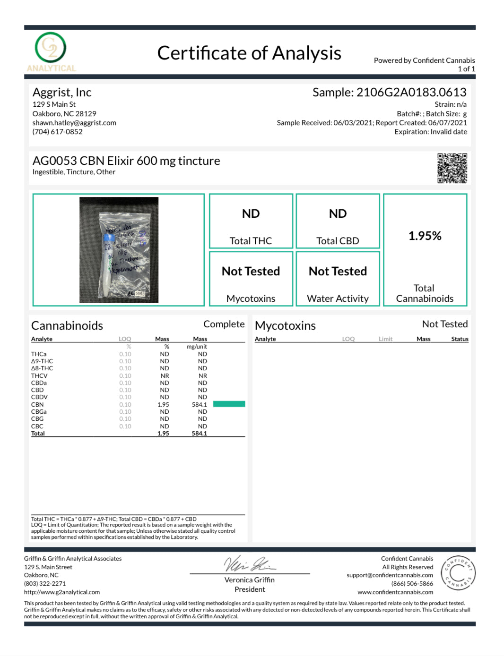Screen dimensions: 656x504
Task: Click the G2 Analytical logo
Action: [51, 51]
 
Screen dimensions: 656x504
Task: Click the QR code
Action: [452, 168]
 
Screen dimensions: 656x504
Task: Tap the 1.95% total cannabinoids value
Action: [425, 236]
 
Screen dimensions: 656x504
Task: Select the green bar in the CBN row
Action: [229, 404]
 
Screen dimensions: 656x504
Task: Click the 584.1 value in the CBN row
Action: [199, 405]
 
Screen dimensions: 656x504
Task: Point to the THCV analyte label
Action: [39, 376]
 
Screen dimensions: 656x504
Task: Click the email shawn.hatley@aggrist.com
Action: [74, 123]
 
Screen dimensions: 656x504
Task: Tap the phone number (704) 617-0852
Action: [57, 132]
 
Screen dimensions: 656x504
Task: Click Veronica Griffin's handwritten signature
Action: [249, 564]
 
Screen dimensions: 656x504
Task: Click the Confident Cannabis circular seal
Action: [458, 573]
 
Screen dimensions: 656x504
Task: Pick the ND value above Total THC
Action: [251, 213]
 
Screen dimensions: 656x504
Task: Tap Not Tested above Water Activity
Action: [338, 271]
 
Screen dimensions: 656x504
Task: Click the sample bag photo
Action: [119, 250]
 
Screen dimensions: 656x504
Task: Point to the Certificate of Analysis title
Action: [249, 53]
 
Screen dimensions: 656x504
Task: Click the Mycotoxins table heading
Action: [285, 325]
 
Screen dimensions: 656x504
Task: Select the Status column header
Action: [460, 339]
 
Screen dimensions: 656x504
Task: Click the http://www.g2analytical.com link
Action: [62, 592]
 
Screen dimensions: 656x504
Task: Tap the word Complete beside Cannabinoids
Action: [224, 324]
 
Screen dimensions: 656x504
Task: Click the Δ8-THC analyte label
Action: [42, 368]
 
